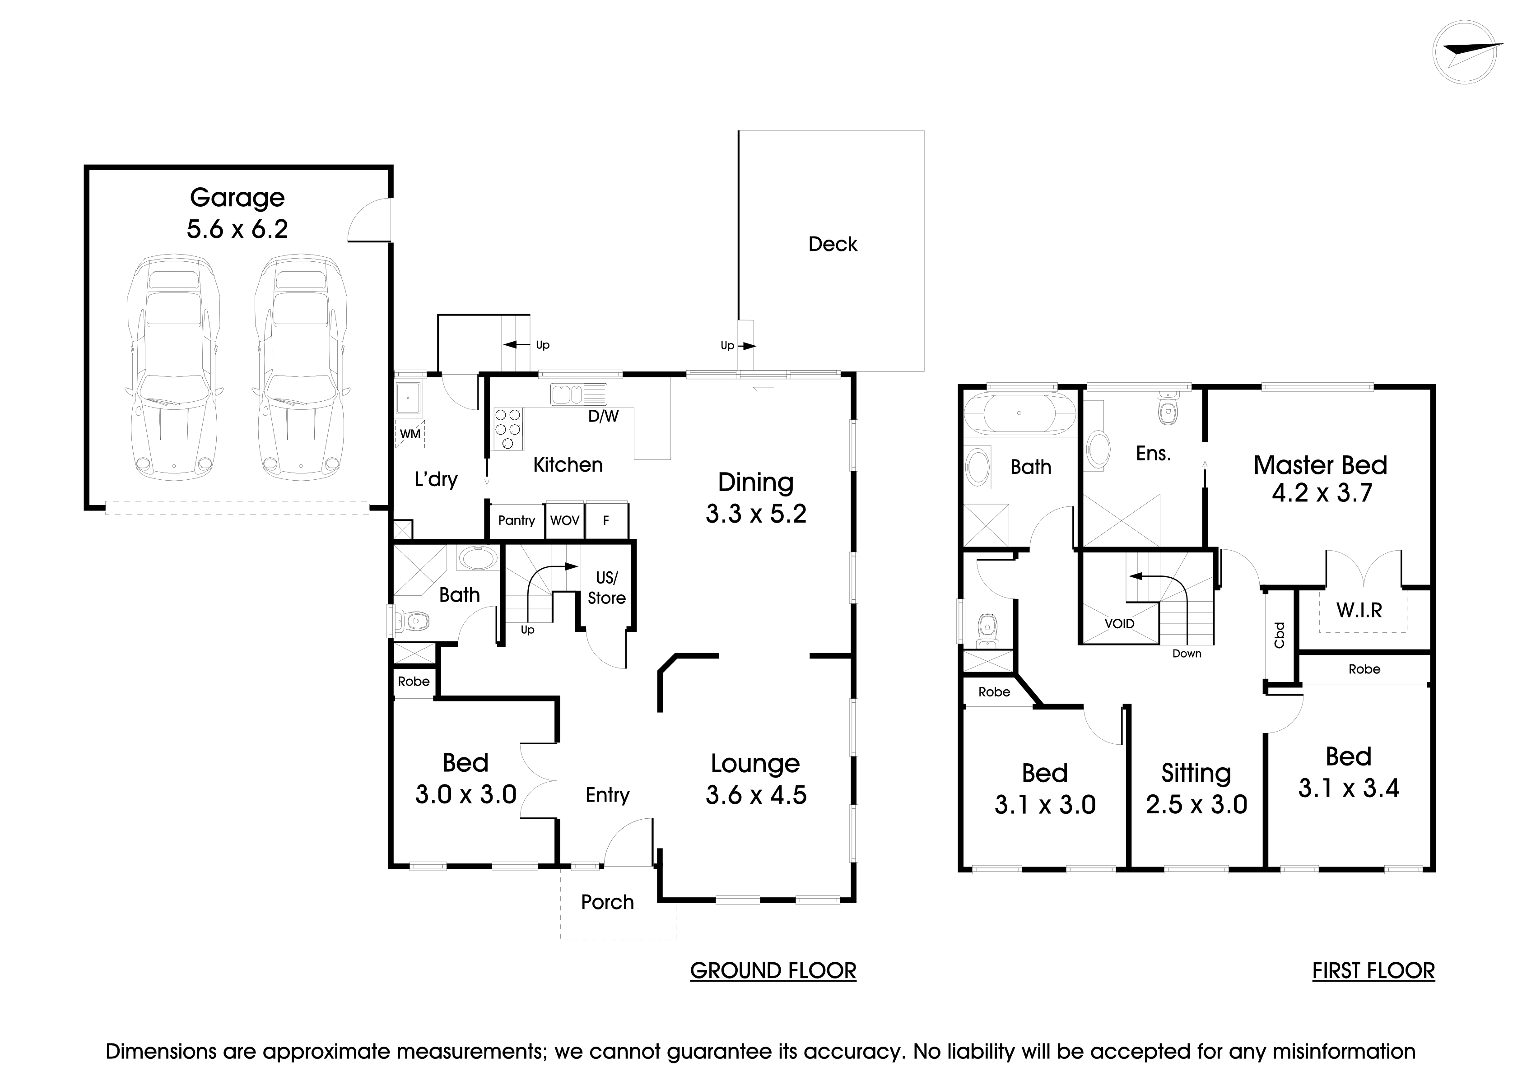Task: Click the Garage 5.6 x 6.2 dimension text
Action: click(237, 229)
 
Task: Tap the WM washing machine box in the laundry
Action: click(410, 434)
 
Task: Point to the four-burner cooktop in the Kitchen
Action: click(508, 429)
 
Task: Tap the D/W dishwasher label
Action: click(603, 416)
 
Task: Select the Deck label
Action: click(833, 245)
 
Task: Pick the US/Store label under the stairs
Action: click(606, 588)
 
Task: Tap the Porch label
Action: click(607, 902)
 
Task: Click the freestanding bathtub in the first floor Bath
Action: click(1019, 413)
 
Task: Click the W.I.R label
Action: click(1359, 610)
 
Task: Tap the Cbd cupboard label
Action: click(1280, 635)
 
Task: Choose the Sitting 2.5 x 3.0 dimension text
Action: click(1196, 804)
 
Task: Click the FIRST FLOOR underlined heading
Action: click(1373, 971)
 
